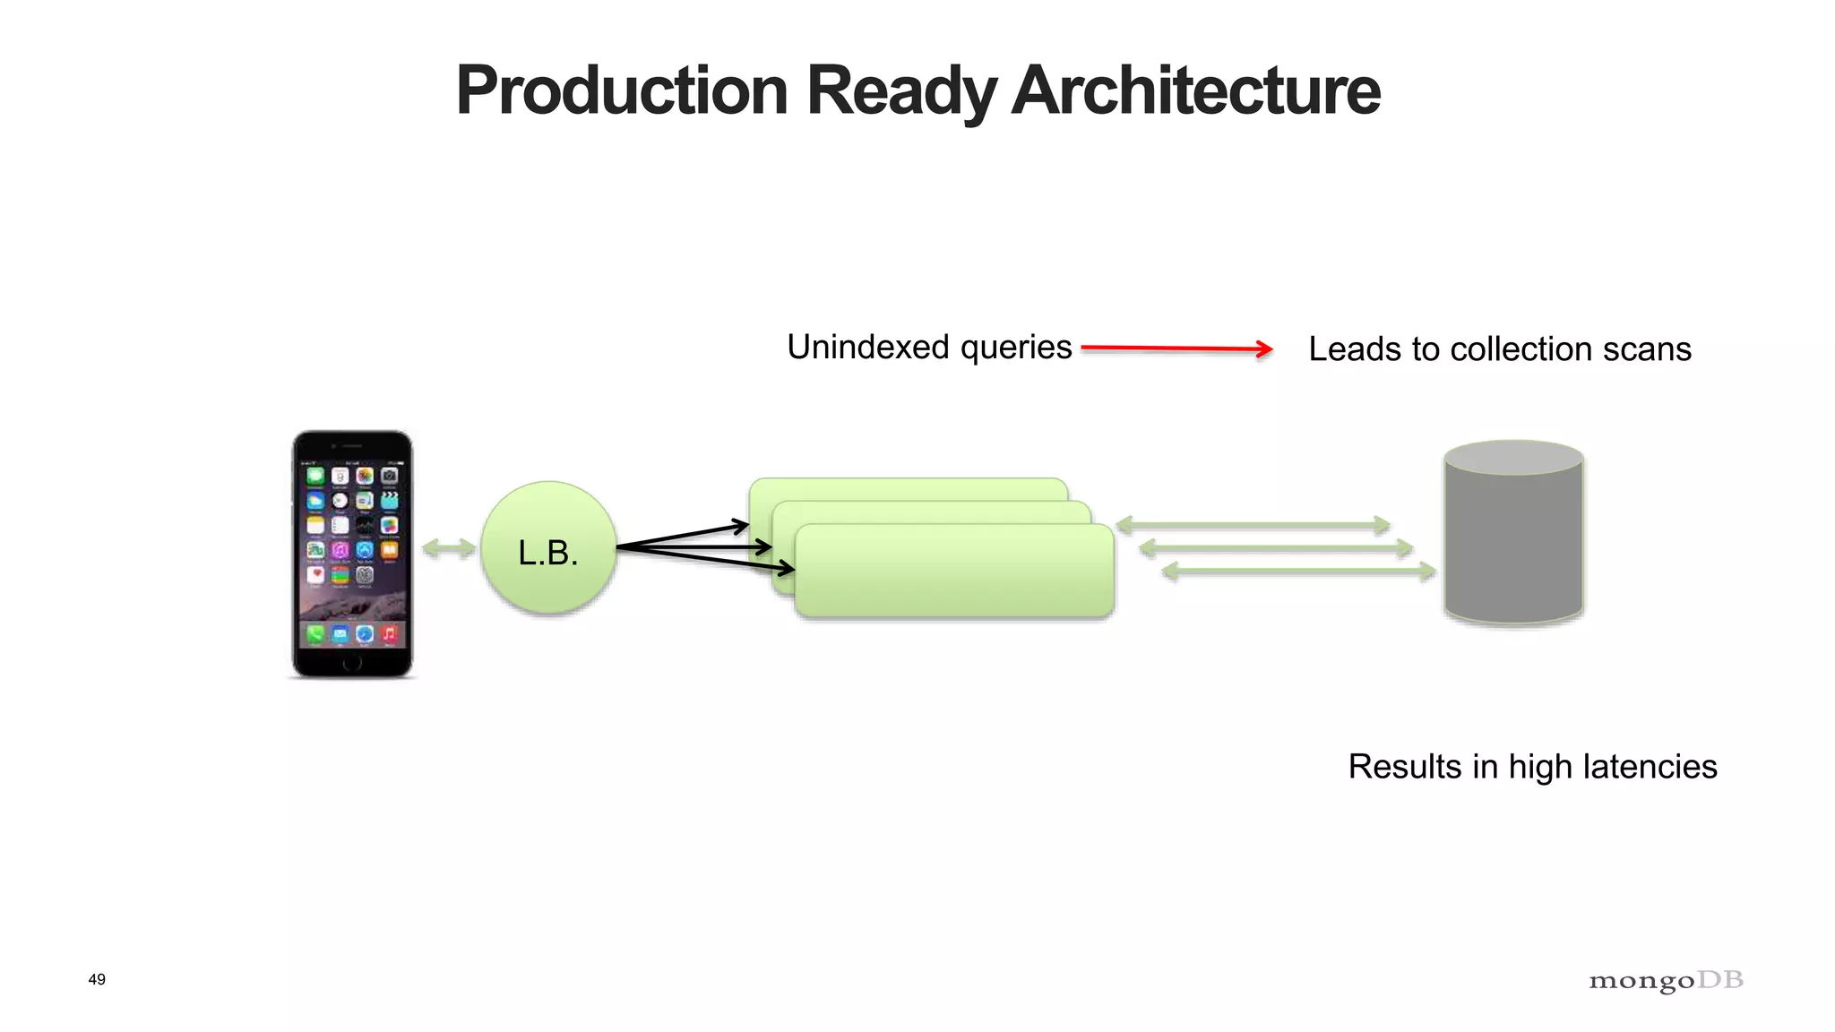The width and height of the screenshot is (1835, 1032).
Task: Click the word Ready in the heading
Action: [x=900, y=92]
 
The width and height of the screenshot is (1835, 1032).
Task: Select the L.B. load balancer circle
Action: [x=548, y=548]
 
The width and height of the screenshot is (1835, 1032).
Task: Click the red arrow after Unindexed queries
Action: [x=1176, y=348]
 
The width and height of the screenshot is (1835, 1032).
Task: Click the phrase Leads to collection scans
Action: [x=1499, y=349]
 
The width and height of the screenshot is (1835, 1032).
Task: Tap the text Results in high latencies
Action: [x=1532, y=767]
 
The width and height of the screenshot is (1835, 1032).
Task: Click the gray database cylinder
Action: [x=1513, y=546]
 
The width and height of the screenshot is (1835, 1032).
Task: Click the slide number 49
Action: [x=97, y=979]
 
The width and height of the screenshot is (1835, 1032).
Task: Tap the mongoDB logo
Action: [x=1666, y=980]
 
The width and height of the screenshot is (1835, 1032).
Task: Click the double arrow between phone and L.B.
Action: [x=448, y=548]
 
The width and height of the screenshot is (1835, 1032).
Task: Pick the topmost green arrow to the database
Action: [x=1253, y=525]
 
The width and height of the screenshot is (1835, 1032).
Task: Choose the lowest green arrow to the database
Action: [x=1298, y=571]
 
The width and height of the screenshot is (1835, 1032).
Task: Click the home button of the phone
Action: [x=352, y=663]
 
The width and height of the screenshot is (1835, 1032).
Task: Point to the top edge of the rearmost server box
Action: [x=908, y=480]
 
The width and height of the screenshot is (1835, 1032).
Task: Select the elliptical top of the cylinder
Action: [x=1513, y=457]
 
